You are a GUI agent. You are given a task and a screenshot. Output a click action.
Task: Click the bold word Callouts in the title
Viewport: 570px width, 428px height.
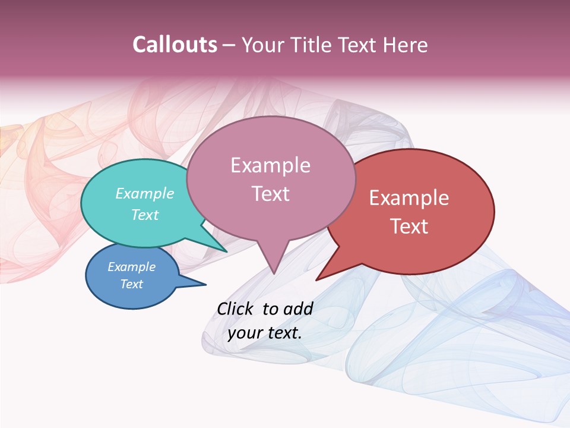click(175, 45)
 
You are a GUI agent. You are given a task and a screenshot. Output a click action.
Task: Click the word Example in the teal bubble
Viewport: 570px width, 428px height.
click(145, 194)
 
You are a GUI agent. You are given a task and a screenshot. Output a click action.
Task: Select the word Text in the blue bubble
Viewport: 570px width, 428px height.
click(131, 284)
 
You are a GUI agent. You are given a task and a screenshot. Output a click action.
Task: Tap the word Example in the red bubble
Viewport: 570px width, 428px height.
click(409, 198)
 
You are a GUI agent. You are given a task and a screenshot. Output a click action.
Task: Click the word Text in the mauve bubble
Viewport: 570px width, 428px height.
click(270, 194)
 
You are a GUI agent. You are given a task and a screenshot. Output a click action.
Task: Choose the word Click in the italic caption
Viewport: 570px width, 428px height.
click(236, 309)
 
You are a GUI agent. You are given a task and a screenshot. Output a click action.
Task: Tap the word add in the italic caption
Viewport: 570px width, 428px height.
click(298, 309)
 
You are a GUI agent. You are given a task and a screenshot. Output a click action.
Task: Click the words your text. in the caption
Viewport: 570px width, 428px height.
click(265, 333)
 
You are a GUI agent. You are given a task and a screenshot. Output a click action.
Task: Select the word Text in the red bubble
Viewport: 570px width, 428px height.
click(409, 226)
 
